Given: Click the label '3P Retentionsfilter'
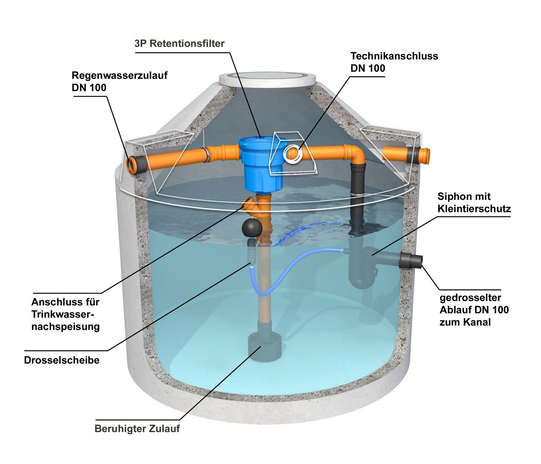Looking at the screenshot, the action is click(179, 44).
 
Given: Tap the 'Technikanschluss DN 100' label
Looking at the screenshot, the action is click(394, 62).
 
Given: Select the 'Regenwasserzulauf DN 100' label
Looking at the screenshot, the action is click(120, 81).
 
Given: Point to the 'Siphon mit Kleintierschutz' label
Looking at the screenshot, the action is click(474, 203).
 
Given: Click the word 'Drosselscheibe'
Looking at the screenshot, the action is click(62, 360).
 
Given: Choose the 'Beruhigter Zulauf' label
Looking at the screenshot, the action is click(137, 429).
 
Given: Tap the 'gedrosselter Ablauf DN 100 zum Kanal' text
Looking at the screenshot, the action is click(474, 310).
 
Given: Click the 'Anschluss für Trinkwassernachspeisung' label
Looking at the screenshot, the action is click(66, 314).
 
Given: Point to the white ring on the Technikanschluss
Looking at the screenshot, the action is click(293, 154).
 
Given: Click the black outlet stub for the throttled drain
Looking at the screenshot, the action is click(411, 260).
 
